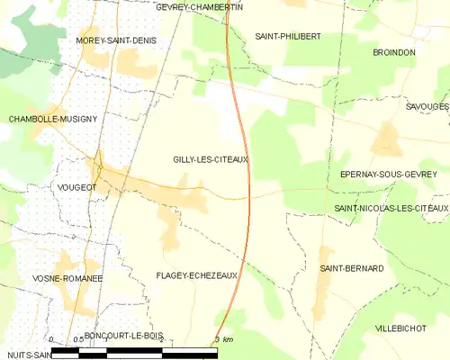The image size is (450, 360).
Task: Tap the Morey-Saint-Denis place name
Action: pos(117,40)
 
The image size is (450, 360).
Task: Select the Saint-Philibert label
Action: pos(288,36)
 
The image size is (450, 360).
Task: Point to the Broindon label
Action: pos(394,53)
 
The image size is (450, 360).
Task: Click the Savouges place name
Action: pos(427,106)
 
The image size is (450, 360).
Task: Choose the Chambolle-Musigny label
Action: pos(52,119)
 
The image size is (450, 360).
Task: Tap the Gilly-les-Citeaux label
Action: pos(211,159)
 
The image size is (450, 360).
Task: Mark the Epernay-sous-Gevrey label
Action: pos(388,174)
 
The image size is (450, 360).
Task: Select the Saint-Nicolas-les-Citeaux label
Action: pos(391,209)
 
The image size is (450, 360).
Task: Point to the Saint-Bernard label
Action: pos(352,268)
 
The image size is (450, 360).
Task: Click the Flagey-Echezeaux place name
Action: pos(196,276)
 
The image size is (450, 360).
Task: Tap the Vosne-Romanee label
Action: pos(51,278)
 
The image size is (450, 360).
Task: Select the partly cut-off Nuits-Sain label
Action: pos(23,355)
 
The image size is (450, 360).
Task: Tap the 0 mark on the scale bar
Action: pos(51,339)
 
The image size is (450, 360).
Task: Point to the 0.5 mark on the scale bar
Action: pos(78,339)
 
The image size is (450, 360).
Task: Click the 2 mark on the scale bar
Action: pos(161,339)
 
